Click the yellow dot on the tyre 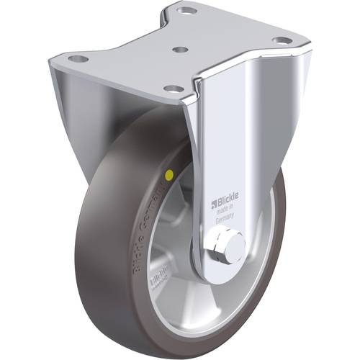pos(168,174)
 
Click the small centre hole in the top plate pos(181,50)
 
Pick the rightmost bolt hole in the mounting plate pos(284,40)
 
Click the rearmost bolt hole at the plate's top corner pos(187,12)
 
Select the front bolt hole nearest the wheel pos(173,88)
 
